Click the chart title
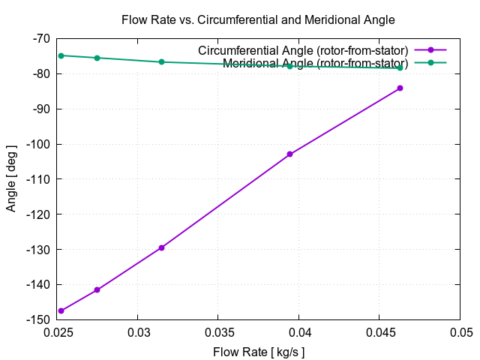[x=258, y=19]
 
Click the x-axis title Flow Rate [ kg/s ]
[x=259, y=351]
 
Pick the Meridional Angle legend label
[x=315, y=62]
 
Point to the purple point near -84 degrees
[x=400, y=88]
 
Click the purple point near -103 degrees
[x=289, y=154]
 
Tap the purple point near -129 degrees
[x=161, y=247]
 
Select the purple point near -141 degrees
[x=97, y=289]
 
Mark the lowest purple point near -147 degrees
[x=61, y=310]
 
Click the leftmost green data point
[x=61, y=55]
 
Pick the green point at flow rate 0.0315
[x=161, y=61]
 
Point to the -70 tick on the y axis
[x=40, y=38]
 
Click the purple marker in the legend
[x=430, y=50]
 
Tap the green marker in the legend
[x=430, y=62]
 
